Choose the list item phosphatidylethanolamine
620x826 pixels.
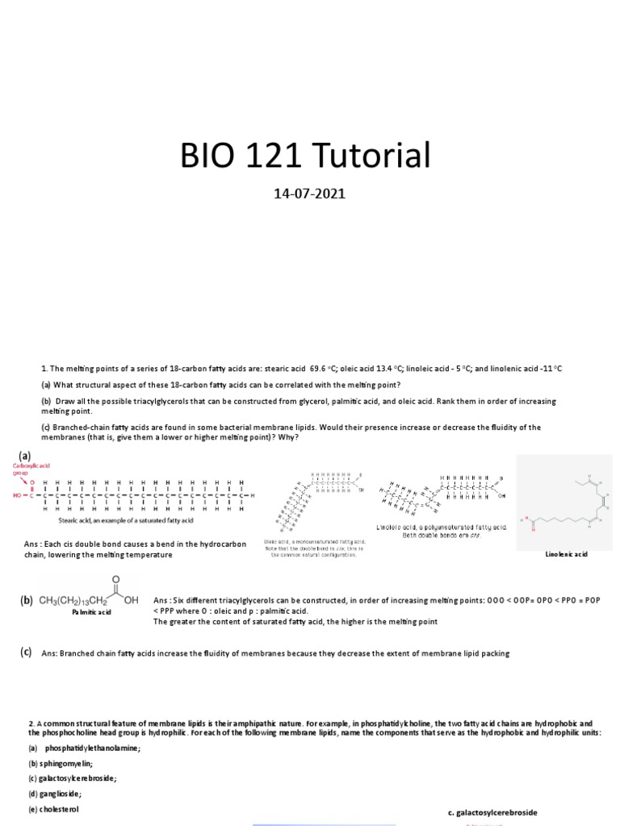tap(87, 748)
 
